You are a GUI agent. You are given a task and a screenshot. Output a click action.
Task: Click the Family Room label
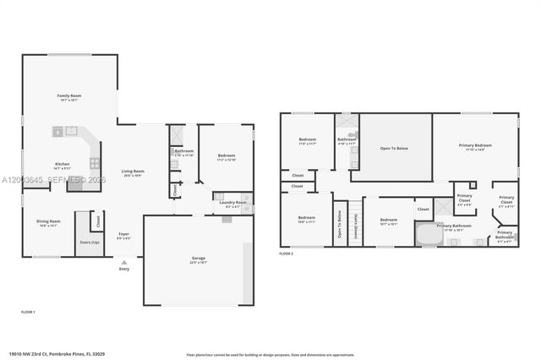68,96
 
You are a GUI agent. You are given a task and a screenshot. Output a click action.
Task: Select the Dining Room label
47,223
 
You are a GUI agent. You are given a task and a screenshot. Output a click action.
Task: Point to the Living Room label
133,172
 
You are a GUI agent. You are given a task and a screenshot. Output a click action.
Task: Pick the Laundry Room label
232,203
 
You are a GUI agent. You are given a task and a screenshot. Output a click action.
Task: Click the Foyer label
123,235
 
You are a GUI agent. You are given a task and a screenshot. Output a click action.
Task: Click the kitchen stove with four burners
95,164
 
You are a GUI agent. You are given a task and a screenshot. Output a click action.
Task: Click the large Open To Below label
394,149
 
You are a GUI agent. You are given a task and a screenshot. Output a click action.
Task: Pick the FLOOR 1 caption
28,312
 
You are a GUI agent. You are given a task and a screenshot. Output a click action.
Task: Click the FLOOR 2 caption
286,254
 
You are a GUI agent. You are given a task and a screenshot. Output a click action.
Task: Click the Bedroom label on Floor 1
226,156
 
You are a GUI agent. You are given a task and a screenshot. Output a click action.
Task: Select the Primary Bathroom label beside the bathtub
454,226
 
